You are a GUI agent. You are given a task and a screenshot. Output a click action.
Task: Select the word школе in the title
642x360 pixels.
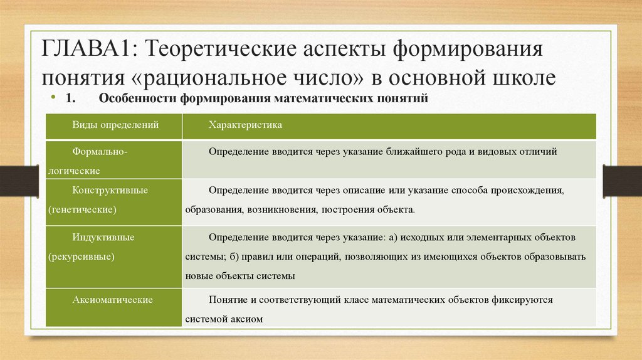524,78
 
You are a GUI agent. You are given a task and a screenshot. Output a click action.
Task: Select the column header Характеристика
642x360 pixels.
245,125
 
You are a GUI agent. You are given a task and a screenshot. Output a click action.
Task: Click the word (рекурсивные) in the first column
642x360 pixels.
80,257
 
